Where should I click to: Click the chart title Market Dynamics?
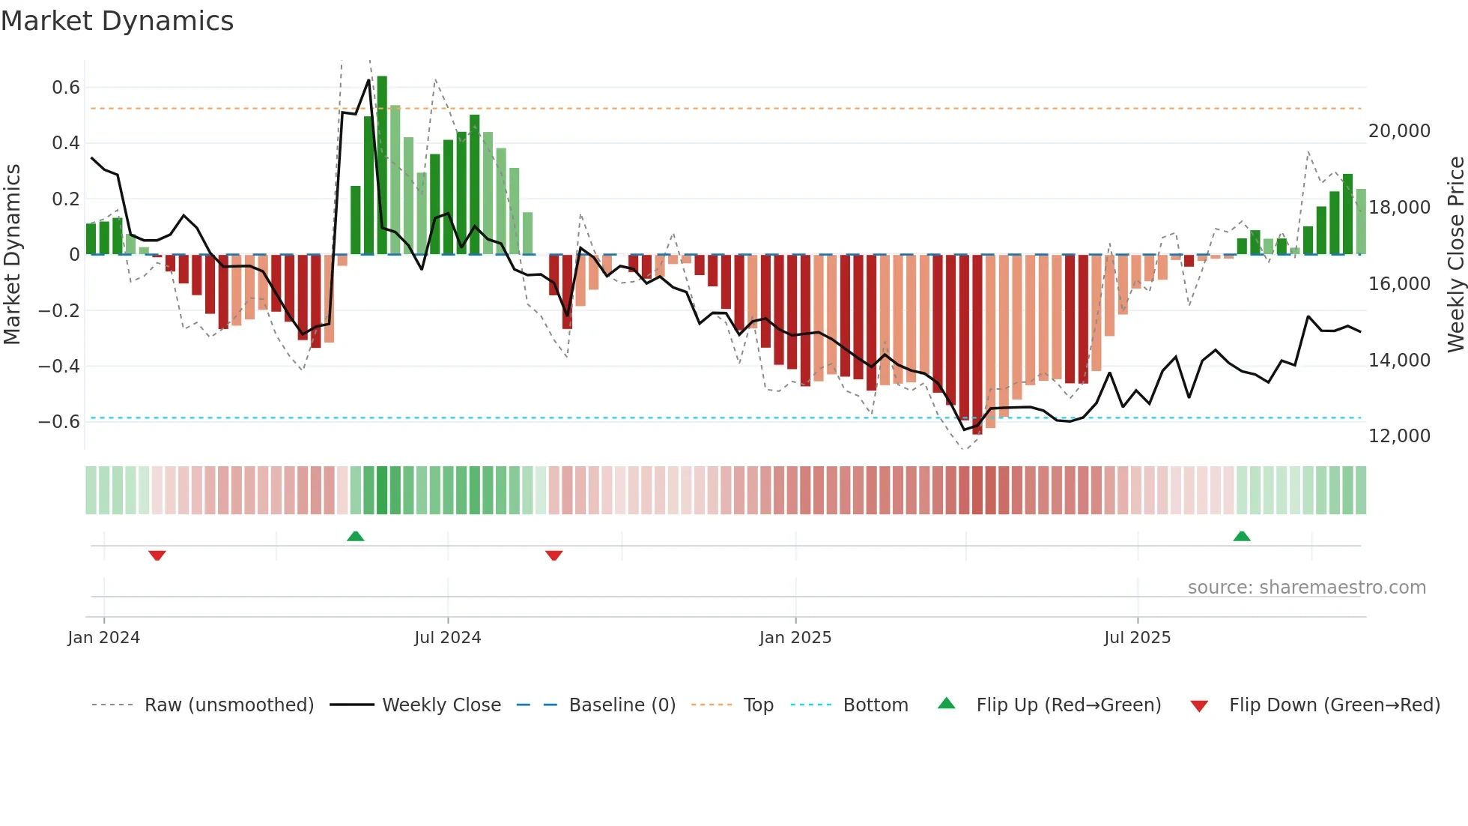118,21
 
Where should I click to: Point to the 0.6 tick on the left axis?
66,88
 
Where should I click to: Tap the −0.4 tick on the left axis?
59,367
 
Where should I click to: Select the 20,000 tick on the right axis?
1399,131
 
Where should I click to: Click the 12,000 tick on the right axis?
1399,436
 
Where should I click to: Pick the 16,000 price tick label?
1399,284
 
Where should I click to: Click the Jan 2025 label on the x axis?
795,638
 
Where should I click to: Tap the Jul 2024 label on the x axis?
447,638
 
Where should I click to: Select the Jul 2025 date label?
1137,638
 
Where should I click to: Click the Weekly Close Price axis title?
1455,254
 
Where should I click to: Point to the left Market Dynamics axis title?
13,254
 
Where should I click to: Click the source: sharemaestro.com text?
1306,588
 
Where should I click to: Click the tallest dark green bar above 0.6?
382,165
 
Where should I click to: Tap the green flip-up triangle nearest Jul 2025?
1242,536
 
